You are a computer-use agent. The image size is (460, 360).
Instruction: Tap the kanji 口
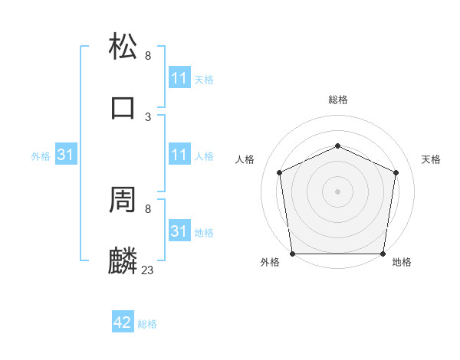[x=123, y=107]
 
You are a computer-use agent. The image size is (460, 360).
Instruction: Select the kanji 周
[x=123, y=199]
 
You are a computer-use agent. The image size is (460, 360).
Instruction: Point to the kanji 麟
[x=123, y=260]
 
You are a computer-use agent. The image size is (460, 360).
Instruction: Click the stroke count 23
[x=148, y=270]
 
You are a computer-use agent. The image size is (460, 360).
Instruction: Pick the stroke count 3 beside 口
[x=148, y=116]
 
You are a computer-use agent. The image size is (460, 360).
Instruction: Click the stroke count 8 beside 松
[x=148, y=55]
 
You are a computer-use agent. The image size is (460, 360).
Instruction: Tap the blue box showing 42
[x=123, y=323]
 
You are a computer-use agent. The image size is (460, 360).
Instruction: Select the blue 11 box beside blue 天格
[x=179, y=78]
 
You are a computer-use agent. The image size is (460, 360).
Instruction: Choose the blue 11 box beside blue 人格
[x=179, y=155]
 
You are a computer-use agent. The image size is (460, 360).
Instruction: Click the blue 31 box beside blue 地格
[x=179, y=231]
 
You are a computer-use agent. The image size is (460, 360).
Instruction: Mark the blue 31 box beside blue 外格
[x=66, y=155]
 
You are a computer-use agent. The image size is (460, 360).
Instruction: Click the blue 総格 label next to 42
[x=147, y=324]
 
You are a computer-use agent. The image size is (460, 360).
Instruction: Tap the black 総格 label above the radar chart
[x=337, y=100]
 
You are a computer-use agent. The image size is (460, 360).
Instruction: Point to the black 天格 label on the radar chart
[x=431, y=159]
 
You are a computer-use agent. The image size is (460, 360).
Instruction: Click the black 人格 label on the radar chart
[x=245, y=159]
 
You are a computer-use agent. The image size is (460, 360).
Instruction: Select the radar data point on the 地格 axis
[x=383, y=254]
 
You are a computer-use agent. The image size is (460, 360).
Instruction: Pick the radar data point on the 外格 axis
[x=292, y=254]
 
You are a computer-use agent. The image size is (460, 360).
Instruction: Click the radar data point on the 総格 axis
[x=337, y=146]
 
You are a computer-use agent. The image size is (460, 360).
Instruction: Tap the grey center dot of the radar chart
[x=337, y=191]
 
